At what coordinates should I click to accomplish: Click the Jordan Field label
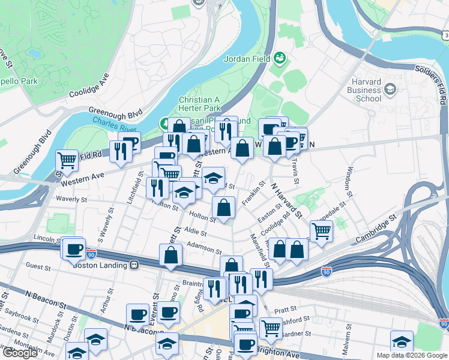tap(246, 59)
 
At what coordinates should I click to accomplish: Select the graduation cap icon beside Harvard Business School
tap(390, 90)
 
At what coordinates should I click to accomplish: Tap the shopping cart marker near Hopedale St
tap(322, 231)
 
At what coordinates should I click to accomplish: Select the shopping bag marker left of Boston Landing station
tap(171, 254)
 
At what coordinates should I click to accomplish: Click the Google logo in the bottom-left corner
tap(20, 353)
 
